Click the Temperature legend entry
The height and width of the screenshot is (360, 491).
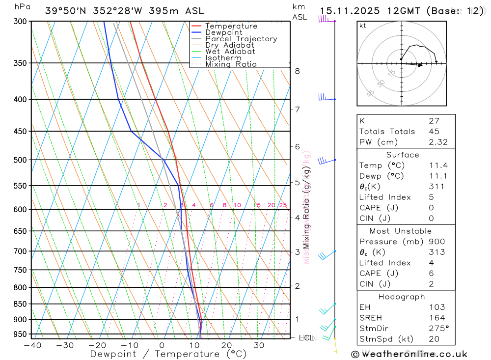coord(231,26)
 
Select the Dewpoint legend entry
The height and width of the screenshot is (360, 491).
coord(224,32)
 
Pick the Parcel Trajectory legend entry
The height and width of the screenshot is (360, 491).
coord(241,39)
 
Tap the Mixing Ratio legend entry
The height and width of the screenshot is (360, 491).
coord(231,64)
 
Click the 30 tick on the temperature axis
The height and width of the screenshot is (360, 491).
coord(259,345)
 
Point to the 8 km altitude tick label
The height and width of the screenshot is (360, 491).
coord(297,71)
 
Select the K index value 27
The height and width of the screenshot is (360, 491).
coord(434,121)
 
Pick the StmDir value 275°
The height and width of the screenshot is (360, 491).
coord(438,328)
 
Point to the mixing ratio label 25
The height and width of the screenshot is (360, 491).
coord(283,205)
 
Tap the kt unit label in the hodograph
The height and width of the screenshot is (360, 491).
coord(363,26)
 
